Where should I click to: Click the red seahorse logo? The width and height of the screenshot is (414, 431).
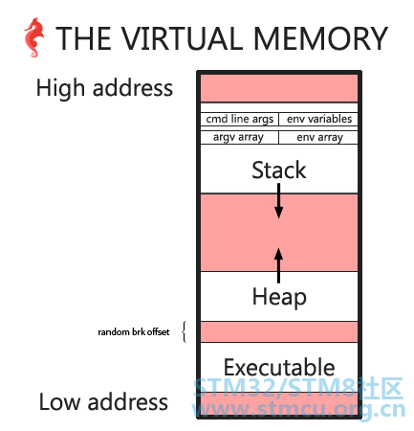pos(33,37)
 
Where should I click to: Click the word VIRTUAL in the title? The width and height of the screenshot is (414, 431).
pos(182,38)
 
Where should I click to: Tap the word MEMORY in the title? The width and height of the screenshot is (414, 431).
pos(320,38)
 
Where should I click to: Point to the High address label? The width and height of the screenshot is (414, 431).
pos(104,88)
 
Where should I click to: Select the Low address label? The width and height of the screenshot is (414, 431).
pos(103,401)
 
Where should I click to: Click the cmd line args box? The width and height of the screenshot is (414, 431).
pos(239,119)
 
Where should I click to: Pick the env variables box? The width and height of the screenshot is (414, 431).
pos(318,119)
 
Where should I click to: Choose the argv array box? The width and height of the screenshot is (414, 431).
pos(239,137)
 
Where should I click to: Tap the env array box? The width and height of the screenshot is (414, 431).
pos(318,137)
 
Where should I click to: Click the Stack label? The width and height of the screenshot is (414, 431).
pos(279,170)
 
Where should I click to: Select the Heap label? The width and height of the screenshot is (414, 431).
pos(279,297)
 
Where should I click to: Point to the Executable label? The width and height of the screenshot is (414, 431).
pos(279,367)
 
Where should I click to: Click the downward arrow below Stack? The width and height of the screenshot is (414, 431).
pos(279,201)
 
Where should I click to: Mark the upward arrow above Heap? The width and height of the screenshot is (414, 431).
pos(279,265)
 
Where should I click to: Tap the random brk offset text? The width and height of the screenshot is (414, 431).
pos(134,332)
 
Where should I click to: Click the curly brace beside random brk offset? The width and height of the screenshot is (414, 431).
pos(184,331)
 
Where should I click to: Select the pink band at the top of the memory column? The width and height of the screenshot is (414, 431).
pos(279,88)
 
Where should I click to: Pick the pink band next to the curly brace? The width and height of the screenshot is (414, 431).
pos(279,331)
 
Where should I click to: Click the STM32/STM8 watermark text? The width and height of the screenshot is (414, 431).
pos(298,388)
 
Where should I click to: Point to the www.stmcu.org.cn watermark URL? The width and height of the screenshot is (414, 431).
pos(298,409)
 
